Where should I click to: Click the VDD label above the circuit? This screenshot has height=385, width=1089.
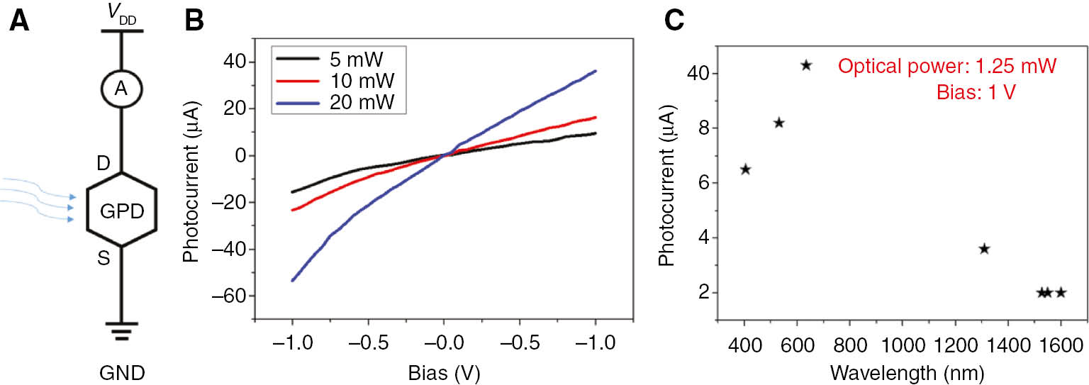pyautogui.click(x=121, y=15)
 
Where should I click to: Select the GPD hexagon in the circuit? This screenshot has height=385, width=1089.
pyautogui.click(x=121, y=210)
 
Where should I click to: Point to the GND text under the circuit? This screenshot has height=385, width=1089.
pyautogui.click(x=121, y=372)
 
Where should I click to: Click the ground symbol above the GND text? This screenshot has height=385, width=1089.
pyautogui.click(x=121, y=330)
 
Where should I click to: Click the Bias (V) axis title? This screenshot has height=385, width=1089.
pyautogui.click(x=443, y=372)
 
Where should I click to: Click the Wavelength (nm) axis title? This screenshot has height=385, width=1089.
pyautogui.click(x=901, y=372)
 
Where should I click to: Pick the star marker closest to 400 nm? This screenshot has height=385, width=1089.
pyautogui.click(x=745, y=169)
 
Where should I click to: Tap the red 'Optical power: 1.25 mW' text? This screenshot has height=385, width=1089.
pyautogui.click(x=947, y=67)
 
